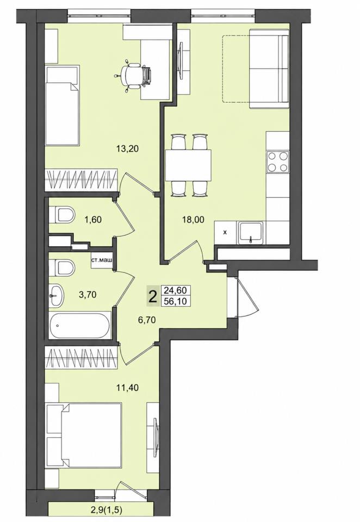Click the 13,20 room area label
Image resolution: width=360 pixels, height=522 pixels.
tap(128, 149)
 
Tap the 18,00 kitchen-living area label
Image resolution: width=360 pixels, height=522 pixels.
tap(193, 219)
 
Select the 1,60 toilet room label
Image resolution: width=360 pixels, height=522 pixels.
tap(93, 219)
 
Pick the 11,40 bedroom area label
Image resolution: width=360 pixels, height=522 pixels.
tap(128, 387)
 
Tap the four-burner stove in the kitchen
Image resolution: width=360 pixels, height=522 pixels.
tap(278, 161)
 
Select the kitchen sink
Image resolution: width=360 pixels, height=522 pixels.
tap(251, 233)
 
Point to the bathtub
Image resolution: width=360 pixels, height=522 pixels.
tap(80, 325)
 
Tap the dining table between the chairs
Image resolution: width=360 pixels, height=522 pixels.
tap(189, 165)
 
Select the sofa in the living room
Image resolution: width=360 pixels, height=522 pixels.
tap(269, 69)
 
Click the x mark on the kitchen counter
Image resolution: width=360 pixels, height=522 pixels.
tap(225, 233)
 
